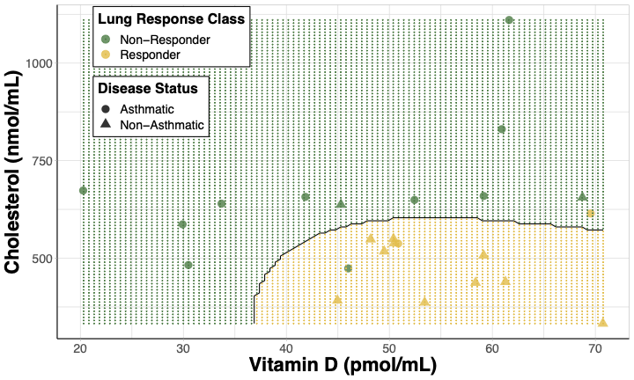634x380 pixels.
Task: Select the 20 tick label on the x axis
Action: (80, 347)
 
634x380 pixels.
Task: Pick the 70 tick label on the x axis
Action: (595, 347)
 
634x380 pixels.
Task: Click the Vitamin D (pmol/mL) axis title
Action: (343, 365)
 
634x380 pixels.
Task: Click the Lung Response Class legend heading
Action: (171, 18)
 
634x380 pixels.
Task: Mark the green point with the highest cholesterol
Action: (509, 20)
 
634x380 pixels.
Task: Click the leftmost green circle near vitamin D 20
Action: (83, 191)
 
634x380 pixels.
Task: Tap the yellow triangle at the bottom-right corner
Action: (603, 323)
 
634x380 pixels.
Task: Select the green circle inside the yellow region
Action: (348, 268)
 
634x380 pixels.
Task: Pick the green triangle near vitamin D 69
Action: (582, 197)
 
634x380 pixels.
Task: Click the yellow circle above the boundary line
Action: (590, 214)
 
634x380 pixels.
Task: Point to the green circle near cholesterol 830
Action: (501, 129)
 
